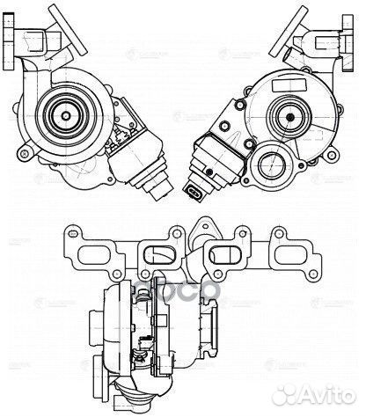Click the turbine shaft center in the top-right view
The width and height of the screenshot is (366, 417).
pos(287,112)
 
